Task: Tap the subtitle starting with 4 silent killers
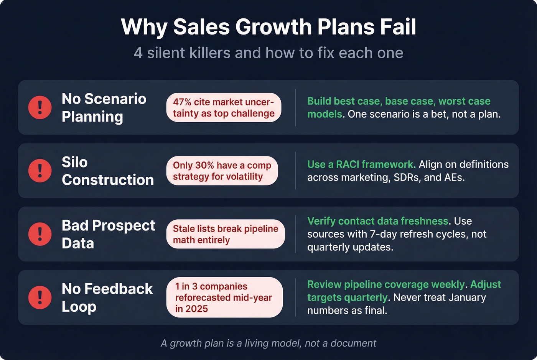(268, 53)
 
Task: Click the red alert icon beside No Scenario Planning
(40, 107)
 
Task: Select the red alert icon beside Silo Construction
(40, 171)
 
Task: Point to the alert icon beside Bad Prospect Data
(40, 234)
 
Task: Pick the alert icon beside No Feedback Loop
(40, 298)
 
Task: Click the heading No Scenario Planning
(104, 108)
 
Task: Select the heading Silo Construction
(107, 171)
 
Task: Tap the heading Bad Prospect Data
(108, 234)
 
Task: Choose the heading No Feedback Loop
(107, 298)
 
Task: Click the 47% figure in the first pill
(182, 102)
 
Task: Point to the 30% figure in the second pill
(204, 165)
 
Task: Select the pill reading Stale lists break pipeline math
(226, 234)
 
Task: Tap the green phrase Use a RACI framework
(361, 164)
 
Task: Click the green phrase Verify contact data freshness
(377, 221)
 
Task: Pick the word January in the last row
(467, 298)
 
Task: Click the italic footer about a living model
(268, 343)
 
